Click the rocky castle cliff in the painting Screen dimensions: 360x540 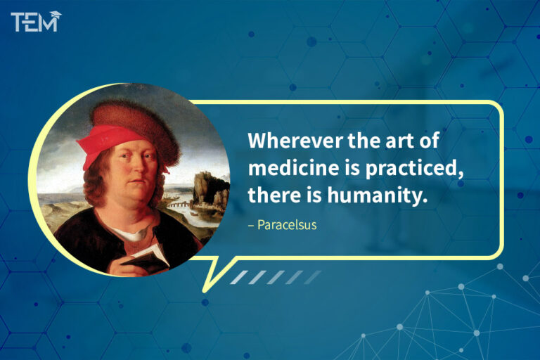click(x=209, y=186)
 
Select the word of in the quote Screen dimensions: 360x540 click(x=430, y=141)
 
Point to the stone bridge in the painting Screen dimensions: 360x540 click(x=181, y=205)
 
